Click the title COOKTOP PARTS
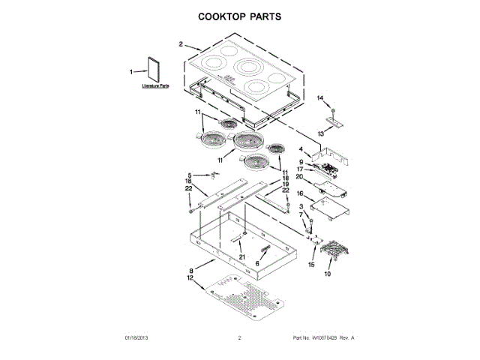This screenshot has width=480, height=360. tap(239, 15)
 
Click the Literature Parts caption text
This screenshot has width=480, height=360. tap(155, 86)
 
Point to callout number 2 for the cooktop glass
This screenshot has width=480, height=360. tap(181, 44)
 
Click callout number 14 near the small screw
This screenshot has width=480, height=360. tap(318, 98)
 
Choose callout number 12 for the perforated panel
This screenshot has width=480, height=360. tap(190, 278)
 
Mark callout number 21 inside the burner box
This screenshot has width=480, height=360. tap(241, 257)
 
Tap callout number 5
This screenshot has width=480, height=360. tap(189, 175)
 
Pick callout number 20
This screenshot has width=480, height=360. tap(299, 176)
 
